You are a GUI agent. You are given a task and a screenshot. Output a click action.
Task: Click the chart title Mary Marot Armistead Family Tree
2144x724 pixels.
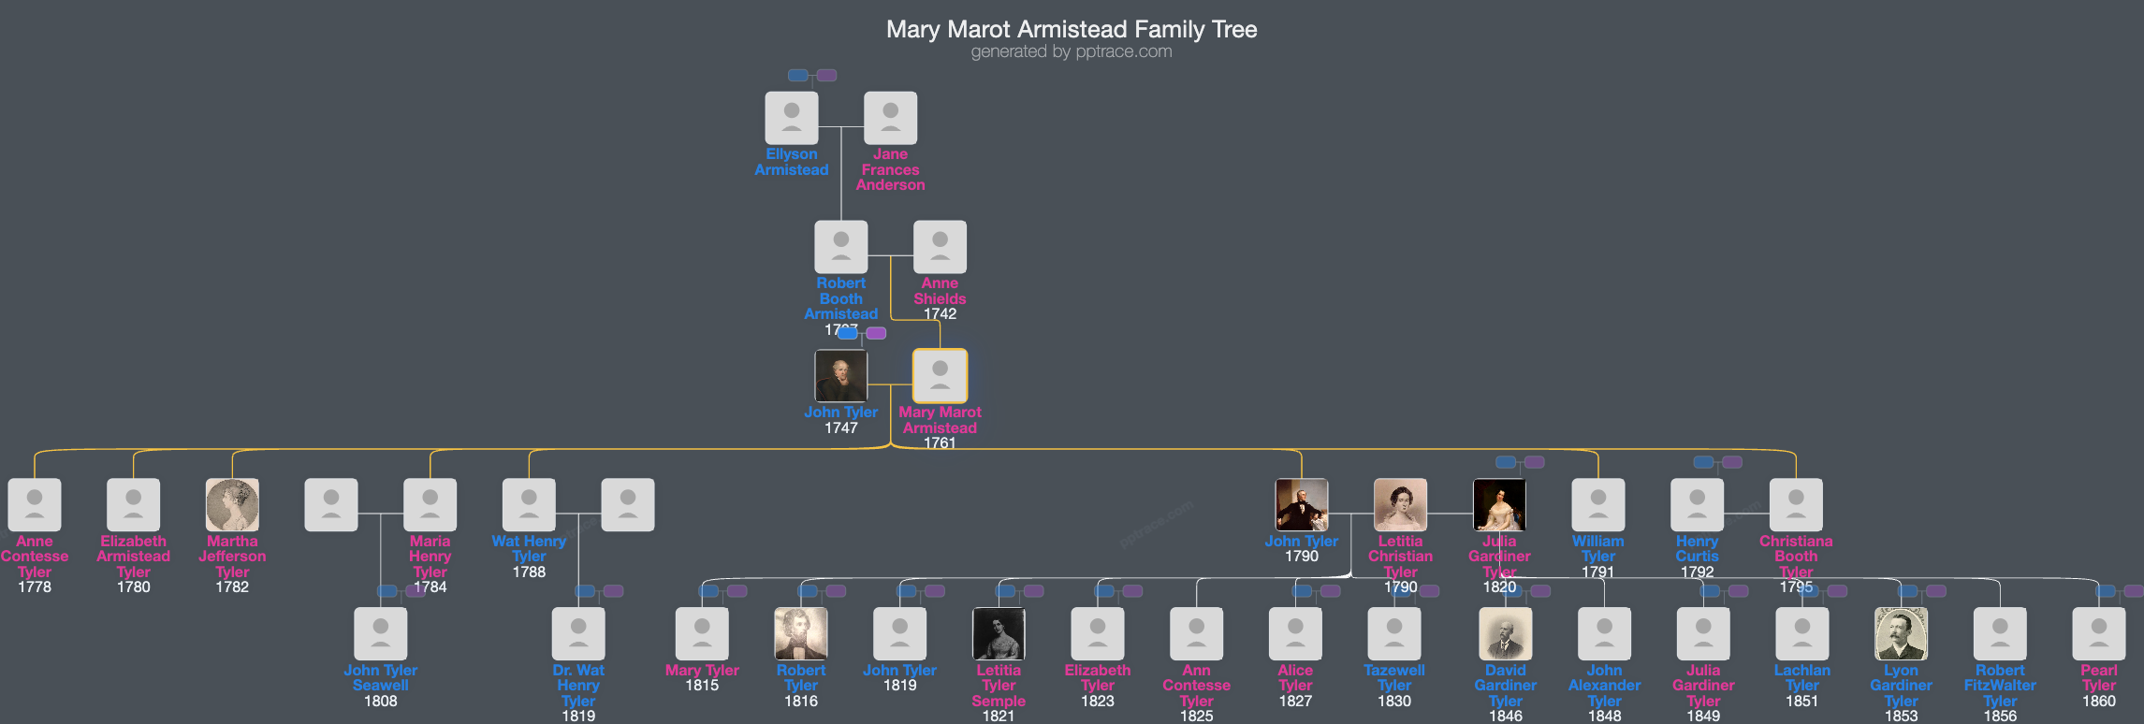[1072, 29]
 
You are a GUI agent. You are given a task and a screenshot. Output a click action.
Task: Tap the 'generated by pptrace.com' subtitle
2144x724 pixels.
[1072, 51]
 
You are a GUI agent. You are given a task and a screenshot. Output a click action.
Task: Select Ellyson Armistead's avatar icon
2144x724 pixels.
[792, 118]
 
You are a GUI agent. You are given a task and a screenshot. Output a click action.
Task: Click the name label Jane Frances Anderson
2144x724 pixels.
[890, 169]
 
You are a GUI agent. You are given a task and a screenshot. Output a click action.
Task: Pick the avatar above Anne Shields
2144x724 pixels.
[940, 247]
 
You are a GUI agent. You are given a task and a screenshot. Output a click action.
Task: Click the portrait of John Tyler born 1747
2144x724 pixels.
[840, 376]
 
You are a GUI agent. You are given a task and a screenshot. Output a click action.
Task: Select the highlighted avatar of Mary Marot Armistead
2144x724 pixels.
[940, 376]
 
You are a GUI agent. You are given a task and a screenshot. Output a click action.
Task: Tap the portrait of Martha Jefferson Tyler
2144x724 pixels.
[232, 505]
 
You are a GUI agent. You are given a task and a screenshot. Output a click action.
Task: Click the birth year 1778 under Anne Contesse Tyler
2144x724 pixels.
[35, 587]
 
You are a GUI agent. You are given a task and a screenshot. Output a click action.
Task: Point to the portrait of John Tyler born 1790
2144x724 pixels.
[1301, 505]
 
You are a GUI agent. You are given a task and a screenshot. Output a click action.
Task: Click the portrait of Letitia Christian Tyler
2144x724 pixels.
[1400, 505]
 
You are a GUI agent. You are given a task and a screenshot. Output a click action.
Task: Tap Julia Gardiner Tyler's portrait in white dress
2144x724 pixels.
[1499, 505]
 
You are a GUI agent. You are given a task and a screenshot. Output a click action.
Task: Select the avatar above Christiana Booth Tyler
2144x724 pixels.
[1796, 505]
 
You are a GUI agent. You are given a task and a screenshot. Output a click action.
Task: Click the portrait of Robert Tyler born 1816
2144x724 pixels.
[801, 634]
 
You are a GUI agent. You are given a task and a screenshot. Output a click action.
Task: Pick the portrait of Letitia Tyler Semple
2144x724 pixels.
[999, 634]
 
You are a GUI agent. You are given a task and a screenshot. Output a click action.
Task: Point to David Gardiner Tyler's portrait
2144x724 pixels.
[1505, 634]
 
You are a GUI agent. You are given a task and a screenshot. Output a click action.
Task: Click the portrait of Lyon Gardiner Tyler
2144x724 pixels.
[1901, 634]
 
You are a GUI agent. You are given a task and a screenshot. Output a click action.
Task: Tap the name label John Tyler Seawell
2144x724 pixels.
[381, 677]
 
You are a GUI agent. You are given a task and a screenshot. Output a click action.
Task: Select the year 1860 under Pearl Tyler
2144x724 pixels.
[2098, 701]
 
